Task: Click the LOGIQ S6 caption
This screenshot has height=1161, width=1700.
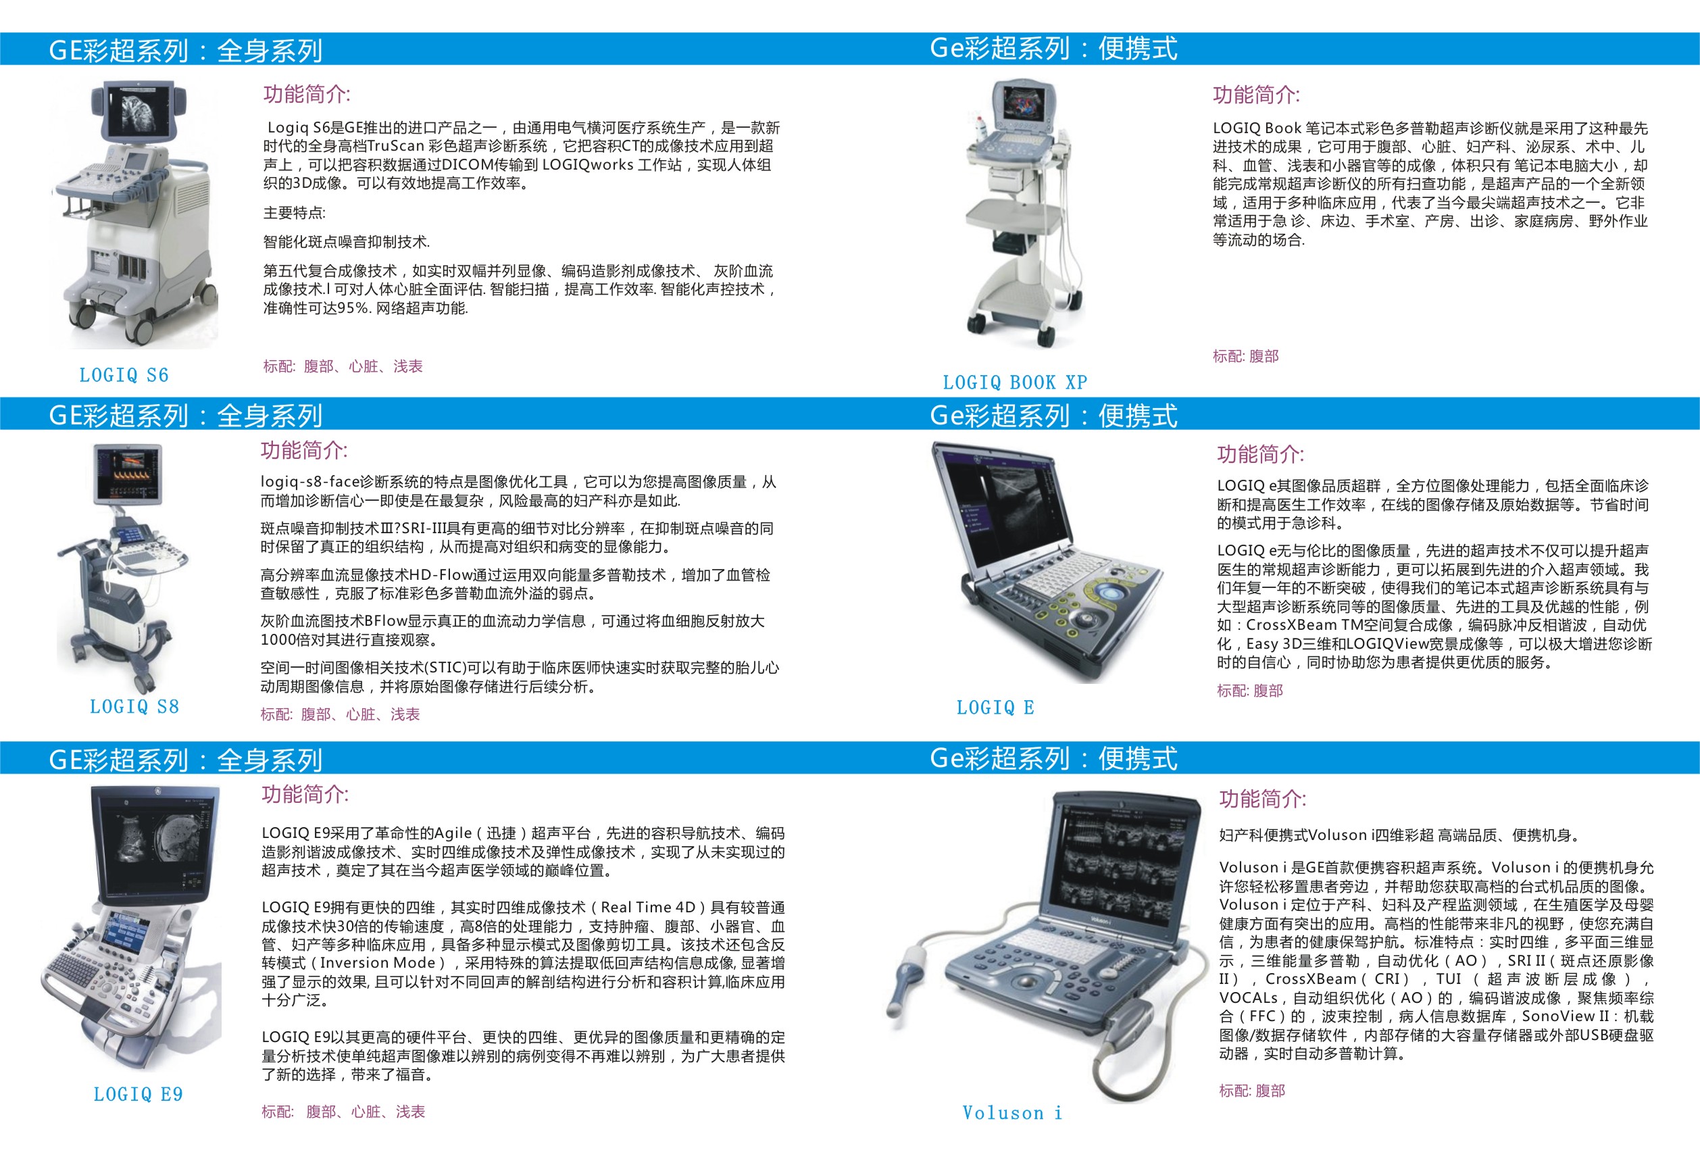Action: pos(124,375)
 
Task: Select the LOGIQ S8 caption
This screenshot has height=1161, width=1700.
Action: pos(134,707)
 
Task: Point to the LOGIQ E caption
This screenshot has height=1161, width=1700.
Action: pos(995,708)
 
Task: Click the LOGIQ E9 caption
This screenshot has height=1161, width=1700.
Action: pos(139,1094)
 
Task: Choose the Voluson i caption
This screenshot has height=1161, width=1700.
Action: pos(1011,1113)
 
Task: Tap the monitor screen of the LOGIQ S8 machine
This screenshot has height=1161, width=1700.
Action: pos(128,474)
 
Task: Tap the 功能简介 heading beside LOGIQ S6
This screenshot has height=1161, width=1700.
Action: pos(307,95)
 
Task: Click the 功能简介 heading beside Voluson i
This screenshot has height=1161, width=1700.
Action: pos(1263,799)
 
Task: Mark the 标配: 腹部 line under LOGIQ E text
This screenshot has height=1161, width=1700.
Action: pos(1249,691)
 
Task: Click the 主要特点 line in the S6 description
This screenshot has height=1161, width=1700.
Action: pos(294,213)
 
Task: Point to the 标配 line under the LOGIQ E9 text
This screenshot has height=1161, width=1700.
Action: pos(343,1112)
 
